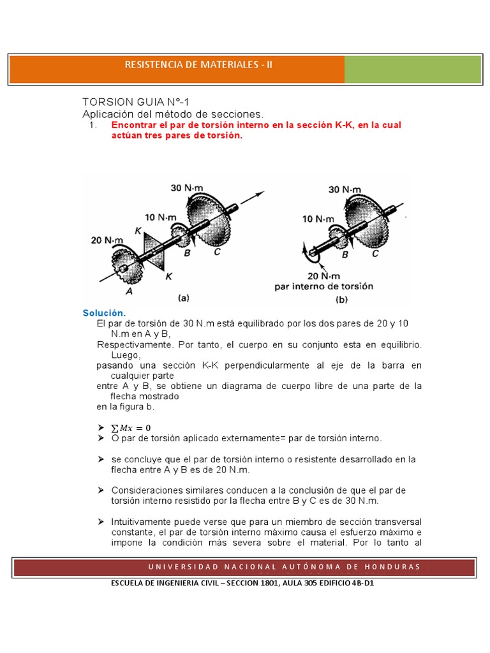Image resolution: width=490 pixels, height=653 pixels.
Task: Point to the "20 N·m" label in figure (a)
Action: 107,240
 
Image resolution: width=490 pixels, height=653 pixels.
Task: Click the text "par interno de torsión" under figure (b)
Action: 323,286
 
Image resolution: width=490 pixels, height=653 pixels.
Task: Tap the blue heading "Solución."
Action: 104,313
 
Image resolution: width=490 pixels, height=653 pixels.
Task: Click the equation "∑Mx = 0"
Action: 131,427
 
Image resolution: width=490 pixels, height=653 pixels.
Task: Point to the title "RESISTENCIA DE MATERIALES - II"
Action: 198,65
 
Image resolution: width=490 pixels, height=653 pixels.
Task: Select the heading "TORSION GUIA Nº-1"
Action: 136,102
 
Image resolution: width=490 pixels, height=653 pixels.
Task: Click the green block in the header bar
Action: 412,69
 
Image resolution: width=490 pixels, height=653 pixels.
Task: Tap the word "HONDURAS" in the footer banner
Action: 391,566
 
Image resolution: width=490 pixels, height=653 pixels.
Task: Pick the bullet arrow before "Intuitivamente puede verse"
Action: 101,522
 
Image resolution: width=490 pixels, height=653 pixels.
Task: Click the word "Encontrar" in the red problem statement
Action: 133,125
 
